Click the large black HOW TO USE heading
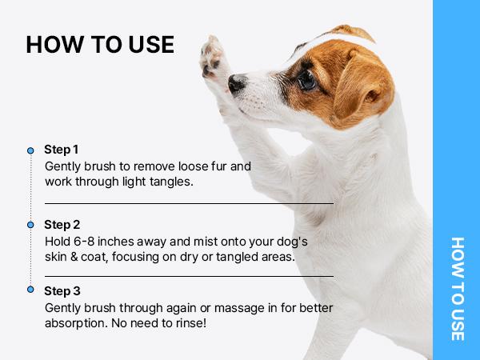click(x=100, y=45)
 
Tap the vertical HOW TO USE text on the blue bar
click(x=458, y=289)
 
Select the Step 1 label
click(x=62, y=150)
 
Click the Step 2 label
click(x=62, y=224)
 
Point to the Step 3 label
click(x=62, y=291)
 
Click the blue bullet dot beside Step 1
click(x=30, y=150)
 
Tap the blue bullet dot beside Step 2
click(x=30, y=225)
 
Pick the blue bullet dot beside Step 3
click(x=30, y=290)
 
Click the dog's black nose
click(x=236, y=83)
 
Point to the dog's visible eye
click(x=306, y=80)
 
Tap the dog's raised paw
click(x=212, y=58)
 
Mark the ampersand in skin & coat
click(x=74, y=257)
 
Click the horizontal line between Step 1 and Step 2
click(x=189, y=203)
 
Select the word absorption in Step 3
click(x=76, y=323)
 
